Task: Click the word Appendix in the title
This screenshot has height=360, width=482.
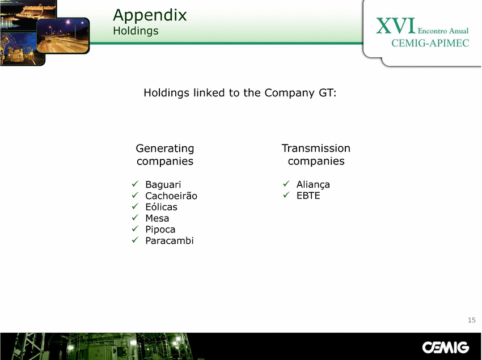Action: pyautogui.click(x=150, y=16)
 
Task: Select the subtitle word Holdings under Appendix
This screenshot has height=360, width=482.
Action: pyautogui.click(x=136, y=31)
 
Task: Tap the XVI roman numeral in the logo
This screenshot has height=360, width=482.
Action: pyautogui.click(x=396, y=26)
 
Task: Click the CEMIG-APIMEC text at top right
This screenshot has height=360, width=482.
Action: pyautogui.click(x=430, y=43)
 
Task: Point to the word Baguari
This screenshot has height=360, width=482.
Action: pyautogui.click(x=163, y=184)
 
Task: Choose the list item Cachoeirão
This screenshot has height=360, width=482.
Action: pyautogui.click(x=171, y=196)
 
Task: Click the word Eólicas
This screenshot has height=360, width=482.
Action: pyautogui.click(x=161, y=207)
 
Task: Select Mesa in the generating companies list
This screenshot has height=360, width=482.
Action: pyautogui.click(x=157, y=218)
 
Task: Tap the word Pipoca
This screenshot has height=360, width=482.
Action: pyautogui.click(x=160, y=230)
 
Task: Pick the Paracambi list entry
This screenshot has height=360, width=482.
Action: pyautogui.click(x=170, y=241)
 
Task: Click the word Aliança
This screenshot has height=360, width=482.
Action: pyautogui.click(x=313, y=184)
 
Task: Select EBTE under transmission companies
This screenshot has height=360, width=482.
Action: pyautogui.click(x=308, y=196)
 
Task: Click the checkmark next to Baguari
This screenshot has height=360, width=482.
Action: pyautogui.click(x=136, y=184)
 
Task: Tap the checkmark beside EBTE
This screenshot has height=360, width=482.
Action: pyautogui.click(x=286, y=195)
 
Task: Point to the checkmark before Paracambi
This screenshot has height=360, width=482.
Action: pyautogui.click(x=136, y=240)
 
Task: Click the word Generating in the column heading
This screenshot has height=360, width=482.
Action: pyautogui.click(x=165, y=149)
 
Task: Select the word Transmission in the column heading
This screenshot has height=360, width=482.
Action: pyautogui.click(x=316, y=148)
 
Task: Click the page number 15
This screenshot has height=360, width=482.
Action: pyautogui.click(x=472, y=320)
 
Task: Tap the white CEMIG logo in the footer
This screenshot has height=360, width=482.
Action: pyautogui.click(x=445, y=348)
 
